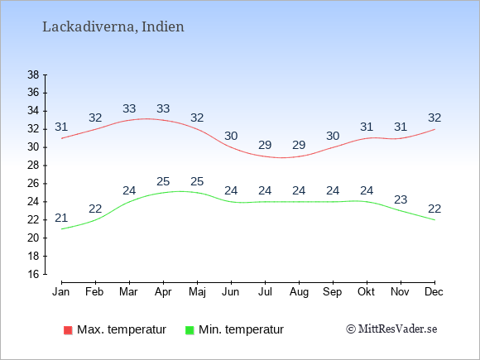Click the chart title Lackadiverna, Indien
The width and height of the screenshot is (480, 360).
(x=113, y=27)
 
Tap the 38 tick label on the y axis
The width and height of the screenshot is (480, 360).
(x=33, y=74)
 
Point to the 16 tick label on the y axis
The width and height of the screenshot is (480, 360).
(x=33, y=274)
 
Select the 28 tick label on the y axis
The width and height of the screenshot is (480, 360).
(x=33, y=166)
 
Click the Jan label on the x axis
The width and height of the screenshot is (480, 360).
(x=61, y=292)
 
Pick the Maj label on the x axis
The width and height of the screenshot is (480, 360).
(x=197, y=292)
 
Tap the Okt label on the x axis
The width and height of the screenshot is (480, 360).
(x=366, y=292)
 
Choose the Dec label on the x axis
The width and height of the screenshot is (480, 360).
(x=434, y=292)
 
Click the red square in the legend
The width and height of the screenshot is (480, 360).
(x=68, y=330)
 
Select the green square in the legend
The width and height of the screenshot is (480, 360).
(x=190, y=330)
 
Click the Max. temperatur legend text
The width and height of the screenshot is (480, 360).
(x=122, y=329)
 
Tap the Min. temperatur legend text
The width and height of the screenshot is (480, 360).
(x=241, y=329)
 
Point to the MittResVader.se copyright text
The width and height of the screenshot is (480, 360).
(x=391, y=329)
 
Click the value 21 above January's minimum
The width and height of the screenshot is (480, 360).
(x=61, y=218)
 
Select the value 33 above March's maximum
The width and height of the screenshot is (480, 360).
(x=129, y=108)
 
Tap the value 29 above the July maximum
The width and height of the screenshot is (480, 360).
(x=265, y=145)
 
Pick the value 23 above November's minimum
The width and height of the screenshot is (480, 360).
(x=401, y=200)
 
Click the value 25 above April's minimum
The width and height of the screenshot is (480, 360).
(x=163, y=181)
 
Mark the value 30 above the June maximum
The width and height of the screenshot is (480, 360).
(x=231, y=136)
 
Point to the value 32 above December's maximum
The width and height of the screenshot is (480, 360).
(x=434, y=118)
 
